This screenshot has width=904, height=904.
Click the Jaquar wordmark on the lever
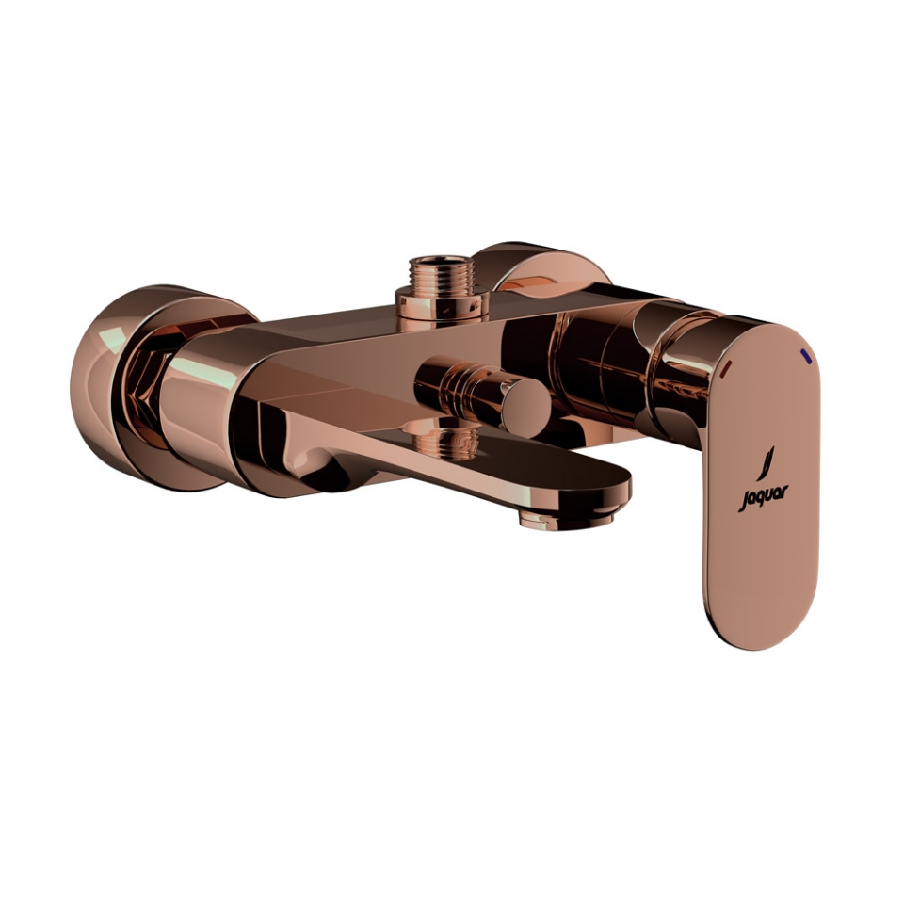[x=763, y=499]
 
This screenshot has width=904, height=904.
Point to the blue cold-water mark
[x=807, y=356]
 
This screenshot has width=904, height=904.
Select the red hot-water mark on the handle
[x=727, y=366]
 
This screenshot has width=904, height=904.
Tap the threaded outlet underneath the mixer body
[x=444, y=439]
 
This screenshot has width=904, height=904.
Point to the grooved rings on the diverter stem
[x=461, y=389]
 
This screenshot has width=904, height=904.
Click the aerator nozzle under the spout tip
[x=565, y=520]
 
